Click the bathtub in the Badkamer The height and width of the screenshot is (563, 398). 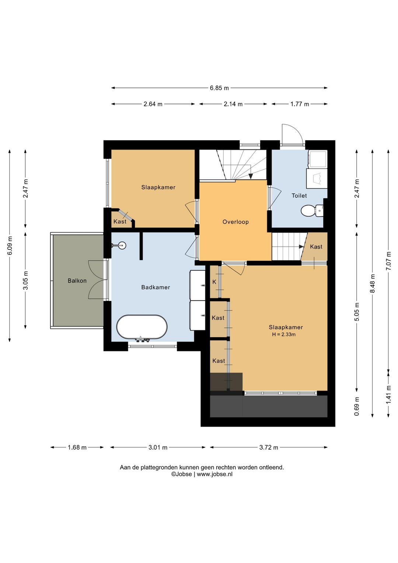[142, 327]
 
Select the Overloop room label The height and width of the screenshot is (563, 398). [235, 222]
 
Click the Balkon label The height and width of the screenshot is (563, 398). [77, 280]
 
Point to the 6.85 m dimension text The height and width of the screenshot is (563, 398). [220, 88]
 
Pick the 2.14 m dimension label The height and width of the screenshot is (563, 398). [233, 104]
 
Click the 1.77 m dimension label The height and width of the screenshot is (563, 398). [300, 104]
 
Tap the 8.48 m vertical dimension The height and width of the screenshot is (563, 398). [372, 283]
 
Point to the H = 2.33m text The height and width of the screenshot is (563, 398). [284, 335]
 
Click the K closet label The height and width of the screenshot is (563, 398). [214, 282]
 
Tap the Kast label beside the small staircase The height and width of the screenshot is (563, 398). [316, 246]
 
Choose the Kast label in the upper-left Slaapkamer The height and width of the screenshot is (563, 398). [120, 221]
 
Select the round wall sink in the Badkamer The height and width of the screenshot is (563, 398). [122, 245]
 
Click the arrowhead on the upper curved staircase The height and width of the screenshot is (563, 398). [250, 176]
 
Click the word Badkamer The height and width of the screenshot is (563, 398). [156, 287]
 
